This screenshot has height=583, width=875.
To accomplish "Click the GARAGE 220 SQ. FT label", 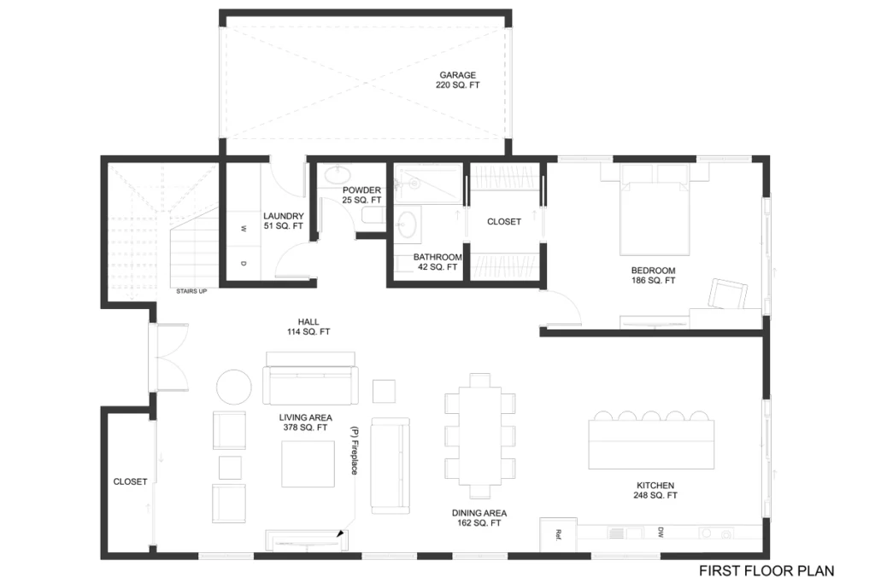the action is tap(458, 79).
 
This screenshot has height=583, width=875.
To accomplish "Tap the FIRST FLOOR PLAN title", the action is tap(766, 571).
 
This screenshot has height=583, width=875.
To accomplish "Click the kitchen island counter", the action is tap(651, 445).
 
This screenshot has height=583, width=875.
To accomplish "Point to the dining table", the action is tap(480, 436).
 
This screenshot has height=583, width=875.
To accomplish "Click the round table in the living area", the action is tap(234, 387).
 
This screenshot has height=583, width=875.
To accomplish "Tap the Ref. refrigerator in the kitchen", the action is tap(558, 535).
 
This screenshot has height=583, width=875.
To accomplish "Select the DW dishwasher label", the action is tap(661, 532).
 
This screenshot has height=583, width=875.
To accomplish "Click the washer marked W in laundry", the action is tap(244, 228).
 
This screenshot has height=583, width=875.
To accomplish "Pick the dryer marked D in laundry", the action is tap(244, 263).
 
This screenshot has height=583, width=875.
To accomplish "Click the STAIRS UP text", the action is tap(191, 292).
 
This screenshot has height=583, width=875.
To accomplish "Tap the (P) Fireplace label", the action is tap(354, 451).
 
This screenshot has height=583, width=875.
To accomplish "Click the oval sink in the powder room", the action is tap(337, 174).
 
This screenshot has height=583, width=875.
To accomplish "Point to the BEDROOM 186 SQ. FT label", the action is tap(654, 276).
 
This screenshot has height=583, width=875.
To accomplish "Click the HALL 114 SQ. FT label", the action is tap(308, 327).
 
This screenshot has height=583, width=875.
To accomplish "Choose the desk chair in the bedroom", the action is tap(728, 294).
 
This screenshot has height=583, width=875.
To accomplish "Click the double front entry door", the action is tap(168, 358).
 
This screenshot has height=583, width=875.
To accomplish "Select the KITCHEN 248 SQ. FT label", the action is tap(655, 490).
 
